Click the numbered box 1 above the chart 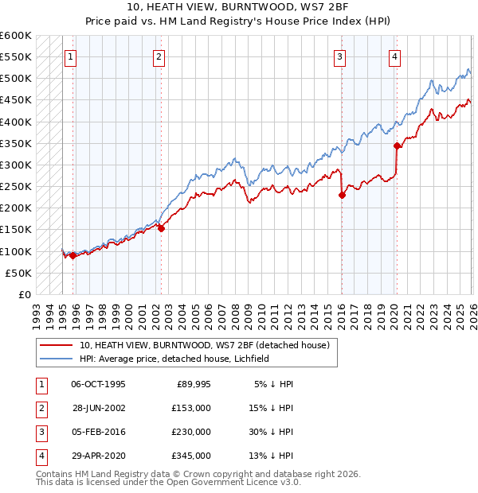coord(72,56)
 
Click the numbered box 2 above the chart coord(159,56)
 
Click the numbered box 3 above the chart coord(340,56)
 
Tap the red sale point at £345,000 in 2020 coord(396,146)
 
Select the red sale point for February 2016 coord(341,195)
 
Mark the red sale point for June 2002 coord(161,228)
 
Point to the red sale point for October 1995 coord(72,255)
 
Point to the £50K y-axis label coord(19,273)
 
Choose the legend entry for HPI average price coord(174,359)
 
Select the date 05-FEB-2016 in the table coord(98,432)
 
